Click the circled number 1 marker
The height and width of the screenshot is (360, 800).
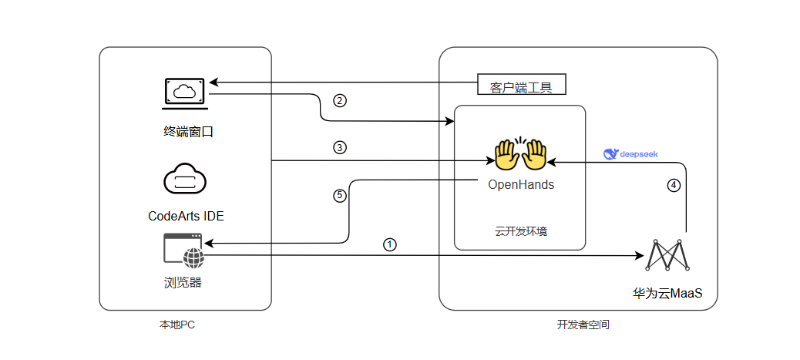click(390, 244)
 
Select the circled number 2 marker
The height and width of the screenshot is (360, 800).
click(339, 100)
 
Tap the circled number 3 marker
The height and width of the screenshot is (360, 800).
click(339, 148)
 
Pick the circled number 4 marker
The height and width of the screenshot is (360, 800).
click(674, 185)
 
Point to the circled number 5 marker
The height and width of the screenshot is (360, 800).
click(339, 196)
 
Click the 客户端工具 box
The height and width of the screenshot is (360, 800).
click(521, 85)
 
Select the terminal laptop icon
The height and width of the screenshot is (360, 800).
click(183, 92)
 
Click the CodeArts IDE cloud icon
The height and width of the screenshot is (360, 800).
click(185, 180)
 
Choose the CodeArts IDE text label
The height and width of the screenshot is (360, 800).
click(186, 216)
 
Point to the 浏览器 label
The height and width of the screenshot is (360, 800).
click(183, 282)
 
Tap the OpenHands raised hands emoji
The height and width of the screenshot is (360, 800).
click(520, 154)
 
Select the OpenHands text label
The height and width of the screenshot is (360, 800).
click(521, 185)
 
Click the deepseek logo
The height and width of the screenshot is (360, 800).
click(630, 154)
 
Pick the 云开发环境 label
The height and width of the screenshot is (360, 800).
click(520, 230)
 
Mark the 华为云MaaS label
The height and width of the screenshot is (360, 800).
click(667, 294)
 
